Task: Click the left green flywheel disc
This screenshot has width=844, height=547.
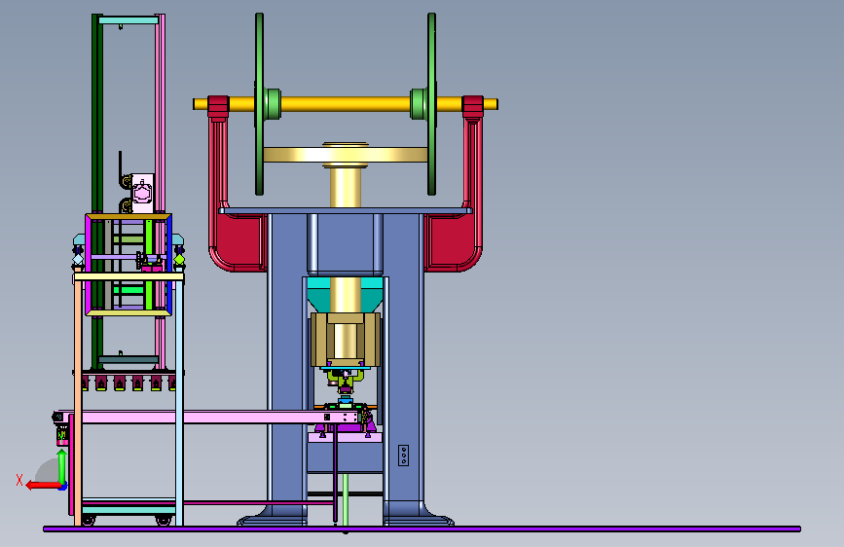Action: pos(260,104)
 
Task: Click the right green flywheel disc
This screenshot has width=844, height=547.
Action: pos(431,104)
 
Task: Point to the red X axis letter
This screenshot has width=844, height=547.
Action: pos(19,480)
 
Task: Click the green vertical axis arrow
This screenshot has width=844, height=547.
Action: pos(62,467)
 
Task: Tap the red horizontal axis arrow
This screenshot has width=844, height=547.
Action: pos(44,486)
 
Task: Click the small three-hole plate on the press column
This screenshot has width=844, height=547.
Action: pos(403,456)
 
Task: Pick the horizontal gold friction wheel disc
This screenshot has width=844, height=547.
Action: pos(346,155)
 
